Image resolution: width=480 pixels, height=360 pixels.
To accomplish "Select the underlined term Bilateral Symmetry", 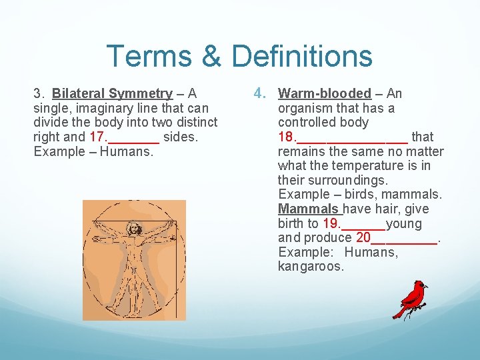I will point(112,93).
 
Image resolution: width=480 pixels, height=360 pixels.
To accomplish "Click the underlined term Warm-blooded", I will point(324,93).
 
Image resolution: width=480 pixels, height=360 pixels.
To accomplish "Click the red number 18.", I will point(287,137).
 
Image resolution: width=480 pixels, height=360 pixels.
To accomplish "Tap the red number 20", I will point(363,237).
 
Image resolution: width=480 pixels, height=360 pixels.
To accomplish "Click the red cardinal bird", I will point(411,299).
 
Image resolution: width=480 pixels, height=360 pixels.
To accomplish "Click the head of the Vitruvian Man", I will point(133,229).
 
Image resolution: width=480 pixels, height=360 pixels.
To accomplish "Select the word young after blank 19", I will point(403,223).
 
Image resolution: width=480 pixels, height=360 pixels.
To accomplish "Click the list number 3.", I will point(39,93).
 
